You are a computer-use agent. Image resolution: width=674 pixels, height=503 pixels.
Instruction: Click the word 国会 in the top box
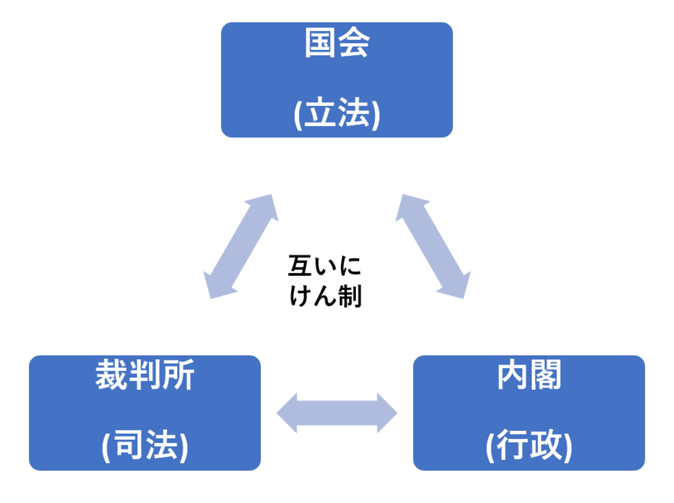tap(336, 43)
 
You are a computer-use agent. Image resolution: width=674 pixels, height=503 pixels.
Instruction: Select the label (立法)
tap(336, 114)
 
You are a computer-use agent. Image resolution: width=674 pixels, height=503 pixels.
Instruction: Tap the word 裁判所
tap(145, 375)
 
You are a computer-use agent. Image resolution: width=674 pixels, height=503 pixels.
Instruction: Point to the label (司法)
tap(145, 445)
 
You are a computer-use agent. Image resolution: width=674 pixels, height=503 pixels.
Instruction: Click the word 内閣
tap(529, 375)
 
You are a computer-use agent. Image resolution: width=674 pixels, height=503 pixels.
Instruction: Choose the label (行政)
tap(529, 445)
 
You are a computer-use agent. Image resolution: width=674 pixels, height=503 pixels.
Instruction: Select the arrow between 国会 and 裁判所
tap(241, 246)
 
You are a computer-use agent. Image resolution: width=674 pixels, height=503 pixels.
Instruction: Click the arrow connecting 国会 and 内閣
tap(433, 246)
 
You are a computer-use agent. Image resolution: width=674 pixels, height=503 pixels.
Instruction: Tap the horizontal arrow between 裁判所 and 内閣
tap(336, 413)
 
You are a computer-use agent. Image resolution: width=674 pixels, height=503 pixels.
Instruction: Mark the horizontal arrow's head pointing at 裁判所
tap(286, 413)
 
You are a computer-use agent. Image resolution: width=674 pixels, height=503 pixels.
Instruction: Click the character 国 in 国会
tap(320, 43)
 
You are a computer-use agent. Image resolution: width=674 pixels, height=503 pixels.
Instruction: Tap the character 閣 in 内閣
tap(545, 375)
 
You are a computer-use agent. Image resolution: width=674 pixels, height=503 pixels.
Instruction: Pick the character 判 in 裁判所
tap(145, 375)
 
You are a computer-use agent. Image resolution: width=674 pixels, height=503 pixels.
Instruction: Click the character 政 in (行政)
tap(545, 445)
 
